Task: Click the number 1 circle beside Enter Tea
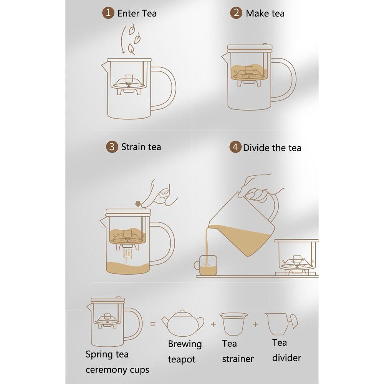(x=108, y=13)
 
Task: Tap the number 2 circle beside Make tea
(x=236, y=13)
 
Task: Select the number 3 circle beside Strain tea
(x=112, y=147)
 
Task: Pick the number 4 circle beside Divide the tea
(x=235, y=147)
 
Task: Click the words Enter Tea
(x=137, y=13)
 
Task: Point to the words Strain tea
(x=141, y=147)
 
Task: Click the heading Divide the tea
(x=272, y=148)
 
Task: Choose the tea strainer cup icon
(x=233, y=323)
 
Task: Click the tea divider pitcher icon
(x=281, y=323)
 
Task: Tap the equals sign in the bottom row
(x=153, y=324)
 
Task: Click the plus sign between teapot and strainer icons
(x=213, y=324)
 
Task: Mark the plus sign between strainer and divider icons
(x=256, y=324)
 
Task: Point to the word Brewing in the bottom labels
(x=185, y=344)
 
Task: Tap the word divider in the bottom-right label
(x=286, y=358)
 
